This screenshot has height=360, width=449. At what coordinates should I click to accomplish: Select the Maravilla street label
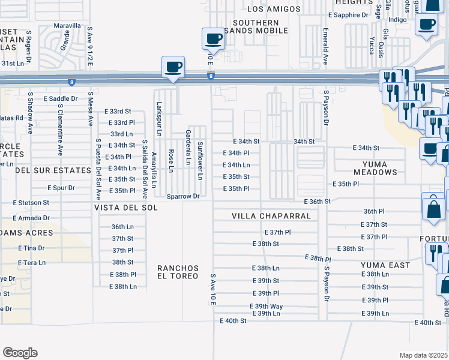(67, 26)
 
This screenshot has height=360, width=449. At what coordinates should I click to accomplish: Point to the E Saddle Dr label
(61, 98)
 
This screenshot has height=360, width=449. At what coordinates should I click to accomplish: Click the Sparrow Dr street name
(182, 196)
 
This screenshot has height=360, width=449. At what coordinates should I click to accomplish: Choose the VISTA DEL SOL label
(125, 208)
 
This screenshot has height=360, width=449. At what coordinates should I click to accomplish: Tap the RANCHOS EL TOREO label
(177, 272)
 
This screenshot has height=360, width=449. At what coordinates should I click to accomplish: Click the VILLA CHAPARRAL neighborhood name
(271, 216)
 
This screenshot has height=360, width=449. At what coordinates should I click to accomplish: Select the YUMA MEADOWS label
(375, 168)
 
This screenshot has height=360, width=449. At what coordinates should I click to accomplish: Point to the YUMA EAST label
(385, 265)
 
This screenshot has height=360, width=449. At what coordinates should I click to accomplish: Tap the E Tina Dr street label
(31, 248)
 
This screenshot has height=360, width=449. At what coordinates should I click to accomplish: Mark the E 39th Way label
(266, 306)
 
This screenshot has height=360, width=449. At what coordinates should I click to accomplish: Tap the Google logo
(20, 353)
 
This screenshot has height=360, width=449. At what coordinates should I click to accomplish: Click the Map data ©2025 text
(423, 355)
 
